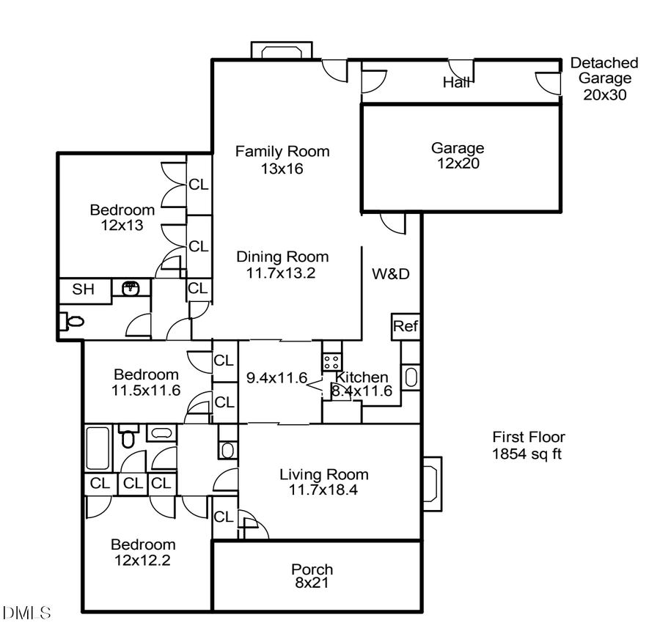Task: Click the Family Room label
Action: click(x=282, y=152)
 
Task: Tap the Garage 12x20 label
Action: click(x=457, y=155)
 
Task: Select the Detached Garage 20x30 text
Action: click(x=604, y=78)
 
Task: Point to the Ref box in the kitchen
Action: click(x=405, y=326)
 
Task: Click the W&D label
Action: click(x=390, y=275)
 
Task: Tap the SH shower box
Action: click(x=83, y=289)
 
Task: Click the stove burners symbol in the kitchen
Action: click(x=331, y=361)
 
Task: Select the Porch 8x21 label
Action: click(x=312, y=576)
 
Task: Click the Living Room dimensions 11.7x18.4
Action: click(x=323, y=490)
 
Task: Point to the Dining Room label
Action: click(x=282, y=257)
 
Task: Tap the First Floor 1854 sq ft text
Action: click(x=528, y=446)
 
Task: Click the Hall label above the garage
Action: click(x=456, y=83)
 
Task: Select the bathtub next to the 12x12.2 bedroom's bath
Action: click(x=98, y=449)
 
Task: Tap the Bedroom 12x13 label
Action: click(x=122, y=218)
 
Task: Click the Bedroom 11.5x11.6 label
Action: click(x=146, y=381)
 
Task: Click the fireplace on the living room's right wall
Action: click(x=433, y=483)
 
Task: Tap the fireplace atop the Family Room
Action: click(x=282, y=51)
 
